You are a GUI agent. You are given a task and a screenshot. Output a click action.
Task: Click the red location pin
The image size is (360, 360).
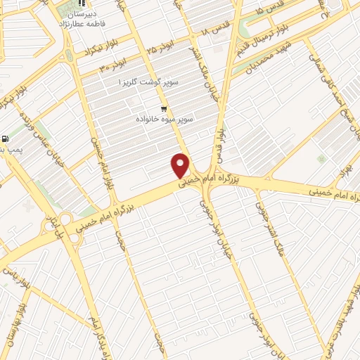181,165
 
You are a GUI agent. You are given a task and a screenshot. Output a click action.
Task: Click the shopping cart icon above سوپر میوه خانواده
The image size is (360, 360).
164,109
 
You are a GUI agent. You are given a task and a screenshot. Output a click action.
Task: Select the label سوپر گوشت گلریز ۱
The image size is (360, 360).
149,82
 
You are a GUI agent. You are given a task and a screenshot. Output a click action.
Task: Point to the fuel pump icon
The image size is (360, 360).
6,139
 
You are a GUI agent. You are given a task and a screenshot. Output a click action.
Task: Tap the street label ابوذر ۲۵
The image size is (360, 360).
160,50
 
